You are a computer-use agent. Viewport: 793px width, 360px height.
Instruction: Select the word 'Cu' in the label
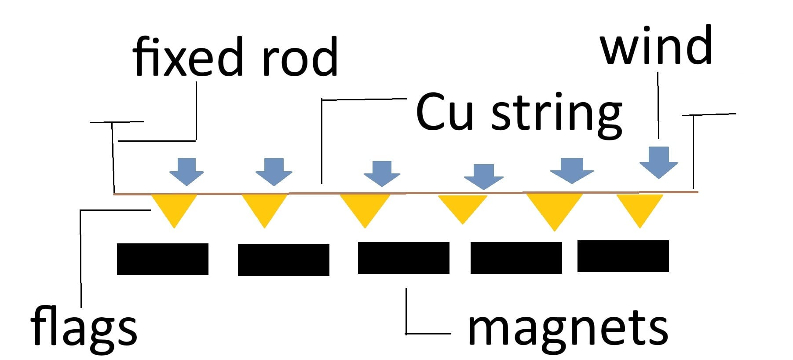point(444,112)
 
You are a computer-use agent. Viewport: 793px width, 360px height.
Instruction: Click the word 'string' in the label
point(556,114)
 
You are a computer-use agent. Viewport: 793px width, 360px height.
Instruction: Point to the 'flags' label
point(84,328)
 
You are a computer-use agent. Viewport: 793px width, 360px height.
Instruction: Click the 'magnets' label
point(567,328)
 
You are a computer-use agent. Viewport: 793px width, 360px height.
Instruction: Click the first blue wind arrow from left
point(187,172)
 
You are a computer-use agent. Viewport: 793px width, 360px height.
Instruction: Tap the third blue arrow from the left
point(382,173)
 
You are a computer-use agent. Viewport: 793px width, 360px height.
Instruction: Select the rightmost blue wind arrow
point(658,162)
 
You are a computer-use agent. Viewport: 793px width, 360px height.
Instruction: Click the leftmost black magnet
point(162,259)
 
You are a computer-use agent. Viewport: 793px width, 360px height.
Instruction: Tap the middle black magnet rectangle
point(403,258)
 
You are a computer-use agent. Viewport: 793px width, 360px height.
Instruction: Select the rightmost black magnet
point(623,256)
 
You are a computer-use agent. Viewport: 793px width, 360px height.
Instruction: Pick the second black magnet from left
point(283,260)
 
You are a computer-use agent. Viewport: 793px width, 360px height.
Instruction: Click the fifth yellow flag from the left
point(554,208)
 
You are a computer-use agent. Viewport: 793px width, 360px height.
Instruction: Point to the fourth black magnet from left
point(516,258)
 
